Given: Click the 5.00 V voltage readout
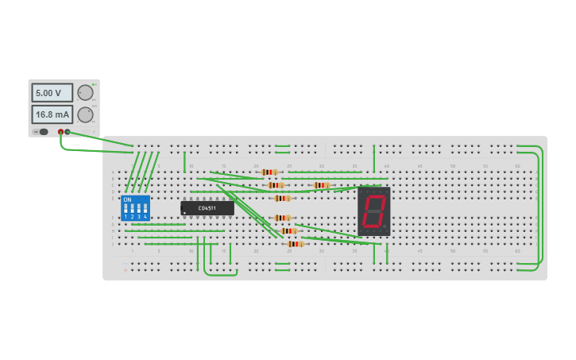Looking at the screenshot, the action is click(x=52, y=93).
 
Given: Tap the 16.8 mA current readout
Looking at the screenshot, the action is click(x=52, y=114).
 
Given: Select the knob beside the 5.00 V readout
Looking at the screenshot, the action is click(x=85, y=93).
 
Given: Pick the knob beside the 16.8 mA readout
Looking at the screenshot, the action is click(x=85, y=114).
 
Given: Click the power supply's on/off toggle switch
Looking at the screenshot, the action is click(x=41, y=132).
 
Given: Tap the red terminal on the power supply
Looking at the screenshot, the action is click(x=60, y=132).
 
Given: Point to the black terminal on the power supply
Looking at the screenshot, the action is click(x=68, y=132).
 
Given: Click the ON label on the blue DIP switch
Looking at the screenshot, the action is click(x=127, y=199).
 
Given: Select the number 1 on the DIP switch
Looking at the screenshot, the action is click(x=126, y=217).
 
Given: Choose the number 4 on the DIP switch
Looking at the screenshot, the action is click(x=145, y=217).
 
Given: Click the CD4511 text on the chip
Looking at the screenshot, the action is click(x=207, y=207).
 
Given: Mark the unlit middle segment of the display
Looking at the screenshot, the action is click(x=374, y=211).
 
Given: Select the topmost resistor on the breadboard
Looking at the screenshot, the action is click(x=269, y=172).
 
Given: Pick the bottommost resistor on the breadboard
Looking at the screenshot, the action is click(x=295, y=244).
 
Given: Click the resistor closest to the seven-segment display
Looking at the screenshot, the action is click(x=321, y=185).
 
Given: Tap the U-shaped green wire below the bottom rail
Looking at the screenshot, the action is click(x=220, y=273).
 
